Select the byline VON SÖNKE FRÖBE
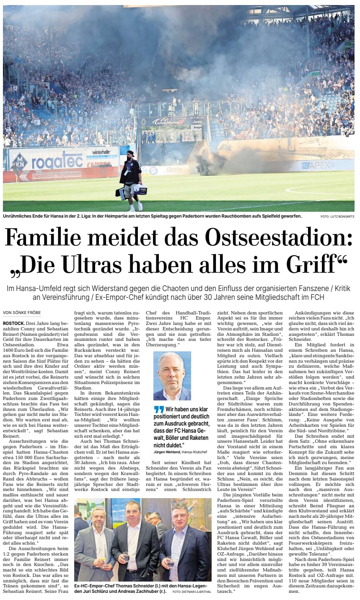[x=21, y=312]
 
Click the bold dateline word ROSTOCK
[x=13, y=324]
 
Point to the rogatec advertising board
[x=54, y=161]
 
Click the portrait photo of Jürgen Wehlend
[x=172, y=376]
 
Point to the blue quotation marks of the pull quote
[x=158, y=409]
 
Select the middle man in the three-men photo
[x=131, y=541]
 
